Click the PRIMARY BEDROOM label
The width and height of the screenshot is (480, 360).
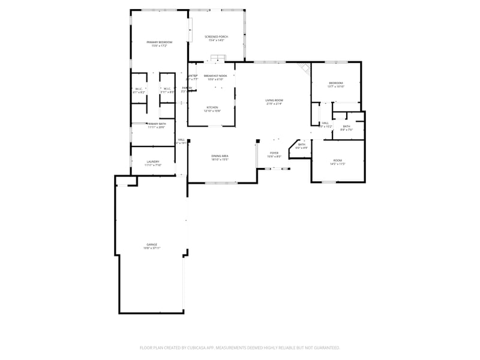160,42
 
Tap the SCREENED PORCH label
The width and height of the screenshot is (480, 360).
215,37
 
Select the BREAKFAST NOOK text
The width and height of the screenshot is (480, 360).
214,76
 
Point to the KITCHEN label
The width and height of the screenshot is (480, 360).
212,108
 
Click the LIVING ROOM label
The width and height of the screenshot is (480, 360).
274,100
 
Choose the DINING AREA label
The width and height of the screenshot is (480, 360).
220,156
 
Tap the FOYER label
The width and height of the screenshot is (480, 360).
274,154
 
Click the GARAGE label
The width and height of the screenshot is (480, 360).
152,245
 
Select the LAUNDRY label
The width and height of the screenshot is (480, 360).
152,162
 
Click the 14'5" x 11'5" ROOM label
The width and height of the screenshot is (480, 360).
337,161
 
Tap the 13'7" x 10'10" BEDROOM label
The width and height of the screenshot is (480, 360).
335,83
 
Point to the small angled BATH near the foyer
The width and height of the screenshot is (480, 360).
301,145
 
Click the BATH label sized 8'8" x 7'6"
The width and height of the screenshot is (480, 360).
346,127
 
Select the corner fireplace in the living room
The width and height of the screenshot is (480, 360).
305,68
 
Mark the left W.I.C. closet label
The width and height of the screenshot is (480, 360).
139,89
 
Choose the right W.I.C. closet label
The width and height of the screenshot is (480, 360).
167,89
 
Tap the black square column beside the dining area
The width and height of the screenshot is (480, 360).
257,141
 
